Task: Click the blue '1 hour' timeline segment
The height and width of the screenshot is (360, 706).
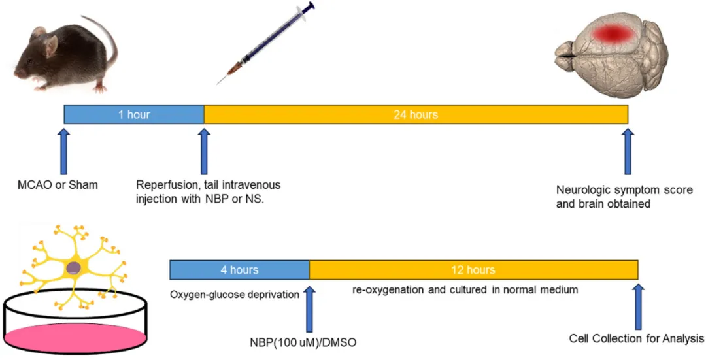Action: coord(134,114)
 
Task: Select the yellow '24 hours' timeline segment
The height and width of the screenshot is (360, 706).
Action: coord(416,114)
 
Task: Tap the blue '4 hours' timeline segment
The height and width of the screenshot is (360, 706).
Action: coord(239,269)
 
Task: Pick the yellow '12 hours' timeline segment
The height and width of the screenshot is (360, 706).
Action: coord(473,269)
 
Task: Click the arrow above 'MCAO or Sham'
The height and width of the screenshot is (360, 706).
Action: coord(63,151)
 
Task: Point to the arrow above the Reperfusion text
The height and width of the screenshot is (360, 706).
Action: coord(204,151)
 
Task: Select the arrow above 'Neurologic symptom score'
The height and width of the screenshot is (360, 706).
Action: coord(628,151)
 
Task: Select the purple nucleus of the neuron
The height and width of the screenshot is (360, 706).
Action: coord(75,267)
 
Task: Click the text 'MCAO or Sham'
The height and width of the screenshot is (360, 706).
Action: coord(58,185)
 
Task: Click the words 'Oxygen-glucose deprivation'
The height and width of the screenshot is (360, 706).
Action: coord(235,295)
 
